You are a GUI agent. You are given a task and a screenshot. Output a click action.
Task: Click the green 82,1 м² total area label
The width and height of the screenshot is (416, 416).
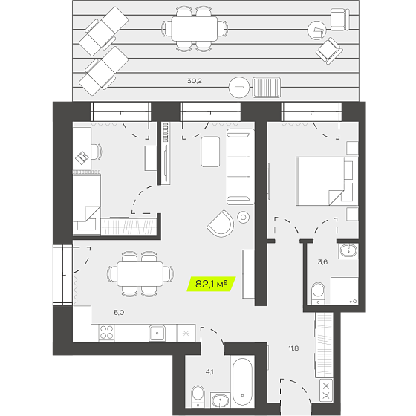212,284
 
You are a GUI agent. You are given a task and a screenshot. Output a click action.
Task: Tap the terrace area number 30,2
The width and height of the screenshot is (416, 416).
194,81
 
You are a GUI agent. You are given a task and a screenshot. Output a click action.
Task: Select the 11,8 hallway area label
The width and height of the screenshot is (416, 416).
293,348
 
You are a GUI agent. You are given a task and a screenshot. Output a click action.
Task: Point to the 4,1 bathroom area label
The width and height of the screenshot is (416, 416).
209,372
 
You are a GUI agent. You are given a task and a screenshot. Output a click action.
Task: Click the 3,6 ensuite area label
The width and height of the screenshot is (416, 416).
322,262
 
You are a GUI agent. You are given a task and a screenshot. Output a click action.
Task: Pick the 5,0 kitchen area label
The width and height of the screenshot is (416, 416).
119,313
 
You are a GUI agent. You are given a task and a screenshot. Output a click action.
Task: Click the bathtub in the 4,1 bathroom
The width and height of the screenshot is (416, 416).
242,382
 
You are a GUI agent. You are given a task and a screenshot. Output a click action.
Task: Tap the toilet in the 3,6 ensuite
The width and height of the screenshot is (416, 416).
318,293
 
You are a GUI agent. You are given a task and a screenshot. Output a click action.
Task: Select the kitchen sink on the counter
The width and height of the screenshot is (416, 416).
157,334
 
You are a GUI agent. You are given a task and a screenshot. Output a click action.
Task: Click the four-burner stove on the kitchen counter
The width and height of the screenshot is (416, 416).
107,333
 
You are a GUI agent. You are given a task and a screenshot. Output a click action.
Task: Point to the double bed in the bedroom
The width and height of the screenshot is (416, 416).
327,181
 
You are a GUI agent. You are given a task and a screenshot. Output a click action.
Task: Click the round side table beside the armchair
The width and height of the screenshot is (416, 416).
244,218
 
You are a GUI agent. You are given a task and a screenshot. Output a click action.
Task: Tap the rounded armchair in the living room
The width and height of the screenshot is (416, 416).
221,224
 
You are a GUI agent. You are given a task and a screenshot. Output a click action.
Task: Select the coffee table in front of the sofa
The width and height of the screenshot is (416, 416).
210,152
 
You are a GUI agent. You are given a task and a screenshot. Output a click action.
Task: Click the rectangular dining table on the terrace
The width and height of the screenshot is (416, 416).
195,29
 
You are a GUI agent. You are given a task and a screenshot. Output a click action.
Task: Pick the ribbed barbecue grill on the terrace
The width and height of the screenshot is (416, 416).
267,88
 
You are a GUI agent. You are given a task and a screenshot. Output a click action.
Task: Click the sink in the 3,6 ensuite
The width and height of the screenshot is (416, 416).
348,251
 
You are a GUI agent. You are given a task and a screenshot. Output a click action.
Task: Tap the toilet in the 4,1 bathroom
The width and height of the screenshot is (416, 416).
198,396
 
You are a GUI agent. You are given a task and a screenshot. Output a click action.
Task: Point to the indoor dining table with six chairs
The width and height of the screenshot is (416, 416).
140,274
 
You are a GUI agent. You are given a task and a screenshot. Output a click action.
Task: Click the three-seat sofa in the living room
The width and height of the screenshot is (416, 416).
240,166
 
